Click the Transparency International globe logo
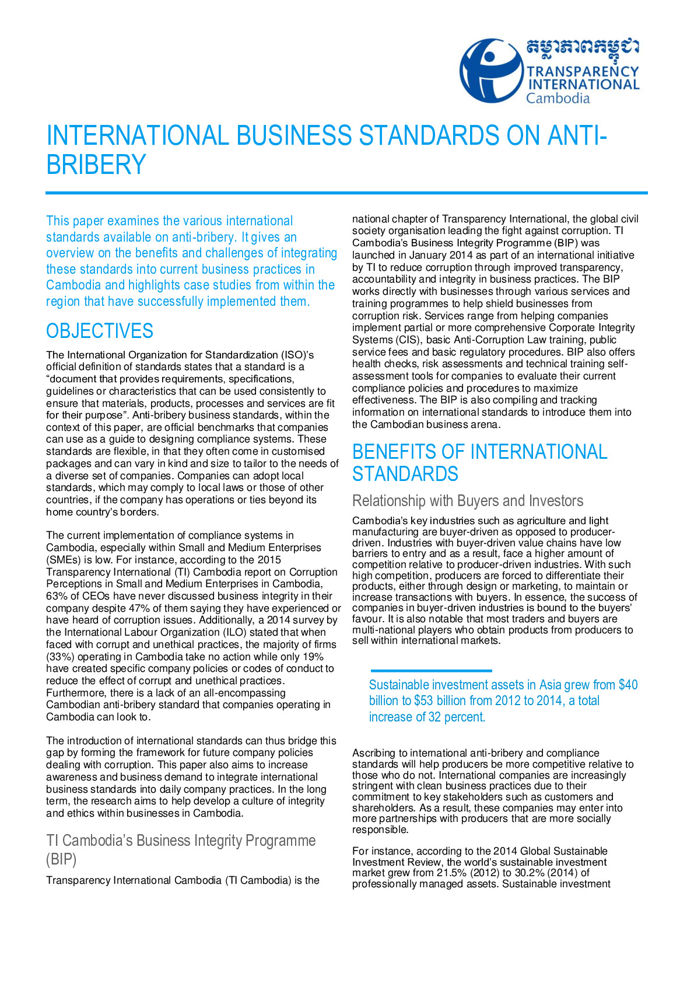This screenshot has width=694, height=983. pos(491,71)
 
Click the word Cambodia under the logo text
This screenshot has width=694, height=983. pos(558,98)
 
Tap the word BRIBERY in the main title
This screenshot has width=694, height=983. pos(96,165)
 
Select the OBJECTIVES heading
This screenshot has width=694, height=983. pos(100,331)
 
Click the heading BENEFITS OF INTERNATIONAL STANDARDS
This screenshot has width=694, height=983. pos(479,463)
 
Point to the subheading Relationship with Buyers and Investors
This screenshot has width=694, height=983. pos(468,501)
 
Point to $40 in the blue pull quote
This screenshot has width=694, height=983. pos(628,685)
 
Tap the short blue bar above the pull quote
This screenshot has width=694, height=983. pos(431,671)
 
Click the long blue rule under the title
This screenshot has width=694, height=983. pos(346,192)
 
